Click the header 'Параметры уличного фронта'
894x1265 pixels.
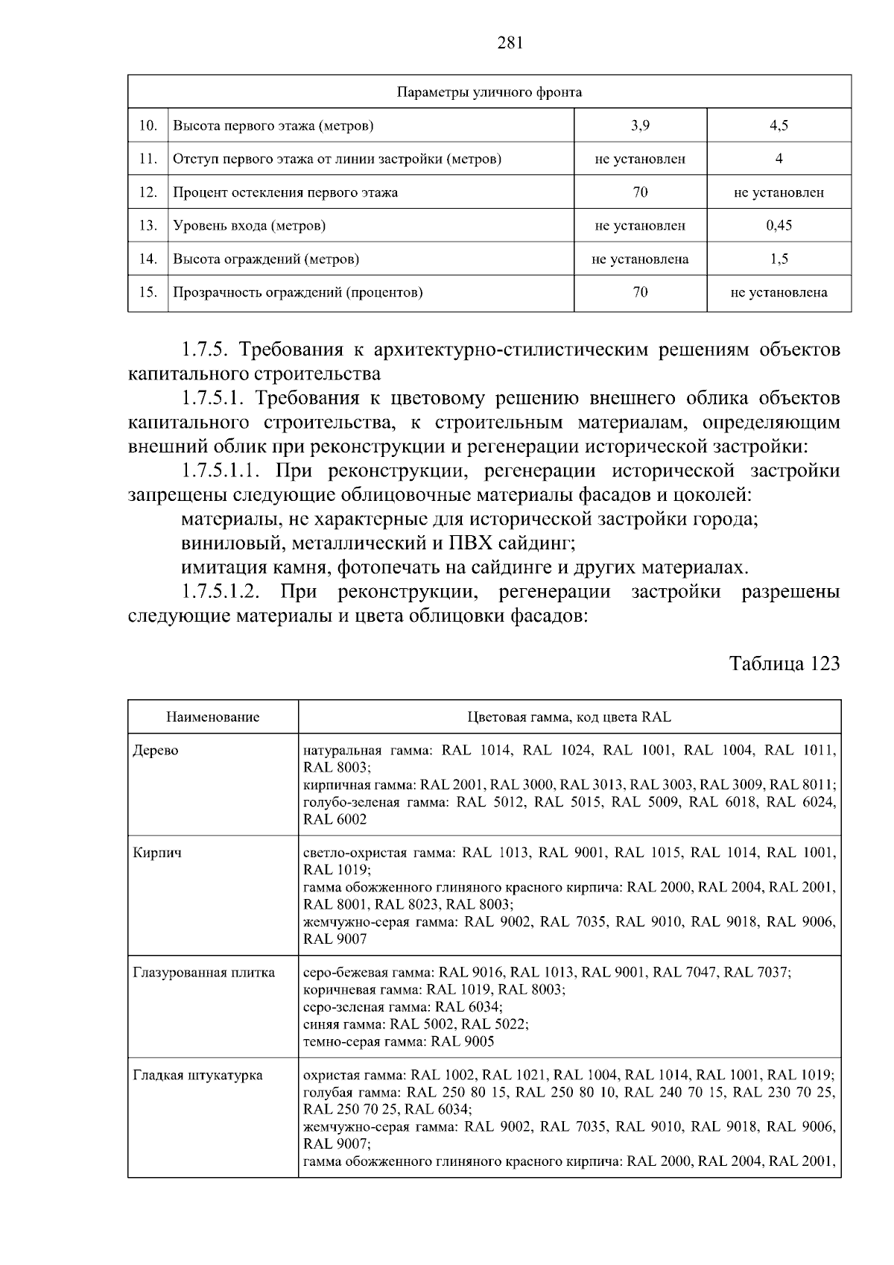tap(489, 92)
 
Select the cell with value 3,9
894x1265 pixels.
tap(640, 125)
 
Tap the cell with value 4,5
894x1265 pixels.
tap(779, 125)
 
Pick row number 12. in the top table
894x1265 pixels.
tap(148, 192)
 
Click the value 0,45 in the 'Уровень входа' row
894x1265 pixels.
tap(779, 225)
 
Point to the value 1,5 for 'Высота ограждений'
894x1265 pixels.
tap(779, 259)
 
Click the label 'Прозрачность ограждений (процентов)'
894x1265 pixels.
tap(298, 292)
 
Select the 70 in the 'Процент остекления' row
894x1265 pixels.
tap(640, 192)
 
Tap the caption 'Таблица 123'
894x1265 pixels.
tap(784, 663)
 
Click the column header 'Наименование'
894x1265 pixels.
tap(212, 717)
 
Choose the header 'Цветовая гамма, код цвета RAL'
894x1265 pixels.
tap(569, 717)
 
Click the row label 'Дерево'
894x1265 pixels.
tap(156, 751)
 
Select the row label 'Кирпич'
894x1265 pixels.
tap(157, 853)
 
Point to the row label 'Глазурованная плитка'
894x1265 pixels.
tap(203, 972)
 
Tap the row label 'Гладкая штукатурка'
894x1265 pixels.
tap(197, 1075)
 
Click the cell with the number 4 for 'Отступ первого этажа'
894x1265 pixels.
tap(779, 159)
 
